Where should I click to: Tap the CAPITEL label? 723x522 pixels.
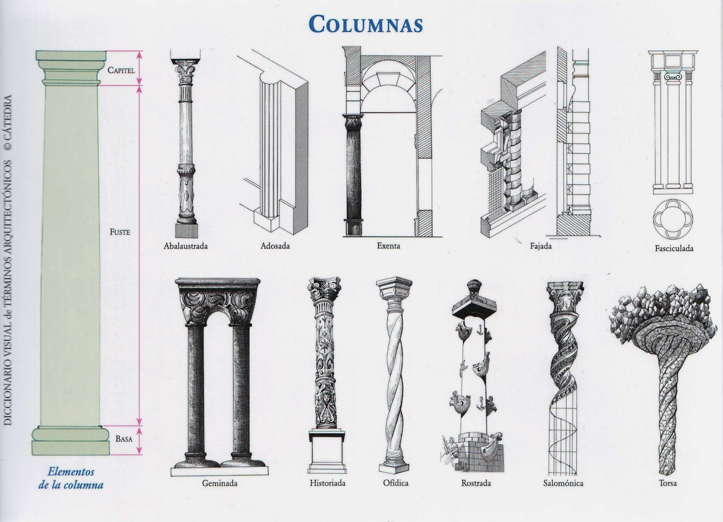(121, 70)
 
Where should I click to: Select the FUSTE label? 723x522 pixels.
(120, 232)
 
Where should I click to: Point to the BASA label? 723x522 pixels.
(123, 439)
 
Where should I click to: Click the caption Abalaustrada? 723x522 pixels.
(186, 246)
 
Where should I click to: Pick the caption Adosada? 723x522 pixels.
(275, 246)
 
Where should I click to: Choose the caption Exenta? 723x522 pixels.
(389, 246)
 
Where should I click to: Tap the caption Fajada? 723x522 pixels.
(541, 246)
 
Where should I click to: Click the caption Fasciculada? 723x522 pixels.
(674, 248)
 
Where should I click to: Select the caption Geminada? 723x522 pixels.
(220, 483)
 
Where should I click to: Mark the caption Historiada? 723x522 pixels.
(328, 483)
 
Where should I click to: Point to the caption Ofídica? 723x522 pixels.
(396, 483)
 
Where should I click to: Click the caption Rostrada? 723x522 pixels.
(476, 483)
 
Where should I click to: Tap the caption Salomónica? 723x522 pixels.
(563, 483)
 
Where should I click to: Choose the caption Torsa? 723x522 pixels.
(668, 483)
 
